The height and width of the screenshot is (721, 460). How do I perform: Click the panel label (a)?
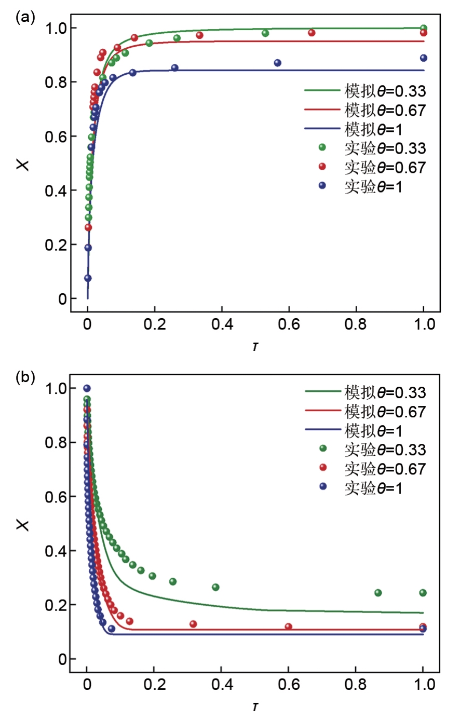(x=25, y=19)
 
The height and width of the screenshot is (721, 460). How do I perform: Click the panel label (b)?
(x=25, y=377)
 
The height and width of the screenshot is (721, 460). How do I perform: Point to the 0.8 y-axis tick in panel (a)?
(x=56, y=82)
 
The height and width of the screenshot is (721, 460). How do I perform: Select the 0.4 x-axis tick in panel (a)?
(x=222, y=324)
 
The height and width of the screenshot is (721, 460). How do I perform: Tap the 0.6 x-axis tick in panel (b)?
(x=289, y=685)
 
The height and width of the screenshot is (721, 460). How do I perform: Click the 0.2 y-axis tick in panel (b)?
(x=56, y=605)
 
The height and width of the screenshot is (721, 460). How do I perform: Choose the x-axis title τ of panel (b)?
(x=255, y=707)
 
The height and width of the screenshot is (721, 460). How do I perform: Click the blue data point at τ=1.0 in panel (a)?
(x=424, y=58)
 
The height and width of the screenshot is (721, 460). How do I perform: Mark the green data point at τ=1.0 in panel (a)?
(x=424, y=29)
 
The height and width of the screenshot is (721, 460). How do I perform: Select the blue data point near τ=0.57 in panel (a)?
(x=278, y=63)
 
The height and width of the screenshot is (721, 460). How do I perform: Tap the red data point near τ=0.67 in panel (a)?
(x=312, y=33)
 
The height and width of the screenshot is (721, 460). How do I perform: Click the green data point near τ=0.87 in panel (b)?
(x=378, y=593)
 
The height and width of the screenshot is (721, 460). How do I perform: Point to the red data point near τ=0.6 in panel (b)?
(x=289, y=627)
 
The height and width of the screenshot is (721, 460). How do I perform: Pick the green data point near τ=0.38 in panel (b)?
(x=215, y=587)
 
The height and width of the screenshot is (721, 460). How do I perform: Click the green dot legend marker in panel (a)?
(x=322, y=147)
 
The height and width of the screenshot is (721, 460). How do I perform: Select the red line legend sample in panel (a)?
(x=322, y=110)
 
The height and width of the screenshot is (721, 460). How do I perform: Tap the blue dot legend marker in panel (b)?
(x=323, y=486)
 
